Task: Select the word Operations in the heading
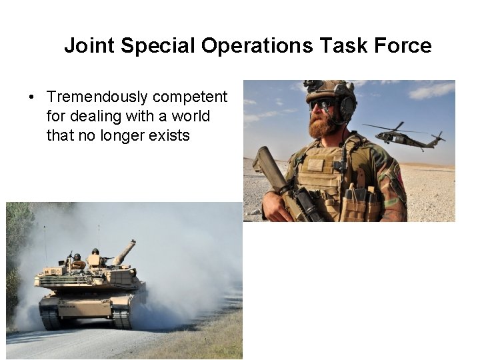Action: pos(257,46)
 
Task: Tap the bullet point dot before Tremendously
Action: pos(32,98)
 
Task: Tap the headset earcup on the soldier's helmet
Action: pos(347,107)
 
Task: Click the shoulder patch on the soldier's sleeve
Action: pos(399,175)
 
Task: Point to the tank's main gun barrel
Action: pos(125,251)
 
